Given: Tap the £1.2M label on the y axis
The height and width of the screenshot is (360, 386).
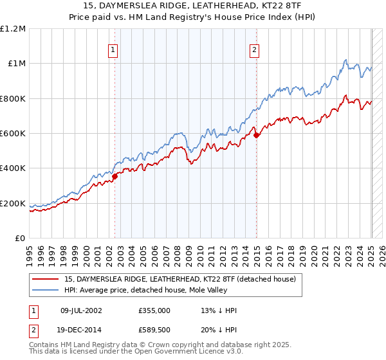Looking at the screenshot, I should tap(13, 29).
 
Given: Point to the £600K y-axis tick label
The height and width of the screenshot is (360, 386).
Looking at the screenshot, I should tap(13, 134).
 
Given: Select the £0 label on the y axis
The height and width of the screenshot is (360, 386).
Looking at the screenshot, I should tap(21, 239).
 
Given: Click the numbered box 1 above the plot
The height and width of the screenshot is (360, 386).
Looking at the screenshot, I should tap(113, 50).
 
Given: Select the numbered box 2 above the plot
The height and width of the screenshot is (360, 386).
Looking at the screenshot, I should tap(255, 50).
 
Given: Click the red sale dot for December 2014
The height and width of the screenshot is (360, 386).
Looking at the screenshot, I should tap(256, 135).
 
